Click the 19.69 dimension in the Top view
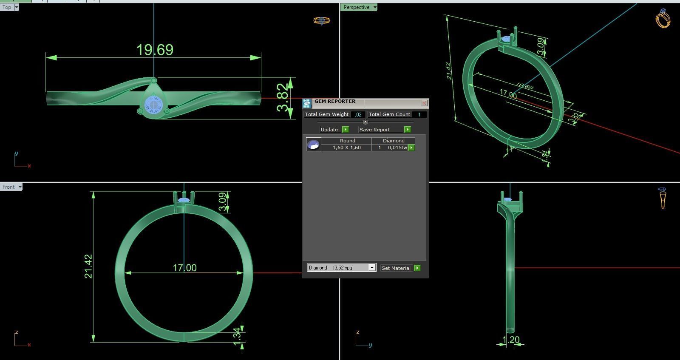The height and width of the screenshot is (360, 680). (155, 50)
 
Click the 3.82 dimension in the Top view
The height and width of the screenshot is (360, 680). (282, 97)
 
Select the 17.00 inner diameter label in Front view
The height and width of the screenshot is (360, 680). (184, 268)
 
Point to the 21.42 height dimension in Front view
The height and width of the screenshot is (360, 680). (88, 266)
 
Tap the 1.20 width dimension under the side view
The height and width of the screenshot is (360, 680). (511, 340)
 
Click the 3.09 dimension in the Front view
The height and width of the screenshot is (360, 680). (222, 201)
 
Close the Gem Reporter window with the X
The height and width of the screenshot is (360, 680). (424, 103)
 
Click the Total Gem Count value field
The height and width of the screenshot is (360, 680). (419, 114)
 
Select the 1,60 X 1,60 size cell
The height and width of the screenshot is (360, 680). (346, 147)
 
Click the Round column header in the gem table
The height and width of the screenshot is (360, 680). (347, 141)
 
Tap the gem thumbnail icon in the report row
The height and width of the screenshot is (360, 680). (313, 145)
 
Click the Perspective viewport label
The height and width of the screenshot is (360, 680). (356, 7)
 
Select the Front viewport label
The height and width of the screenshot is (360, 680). (8, 187)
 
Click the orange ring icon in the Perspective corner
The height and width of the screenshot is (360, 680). (663, 18)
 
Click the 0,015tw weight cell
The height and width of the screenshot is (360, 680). (397, 147)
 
